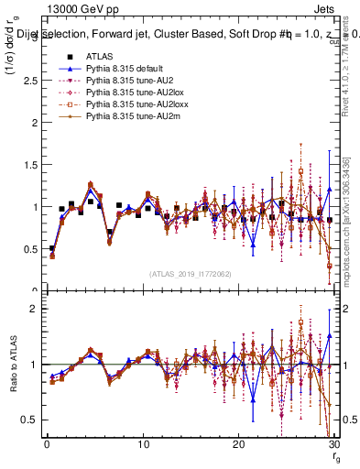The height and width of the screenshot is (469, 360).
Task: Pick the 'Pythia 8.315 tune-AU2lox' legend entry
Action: pos(127,93)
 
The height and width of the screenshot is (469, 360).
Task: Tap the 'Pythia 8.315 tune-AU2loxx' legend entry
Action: pos(129,105)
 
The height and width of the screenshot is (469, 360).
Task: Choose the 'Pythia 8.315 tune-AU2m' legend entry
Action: pos(125,117)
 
